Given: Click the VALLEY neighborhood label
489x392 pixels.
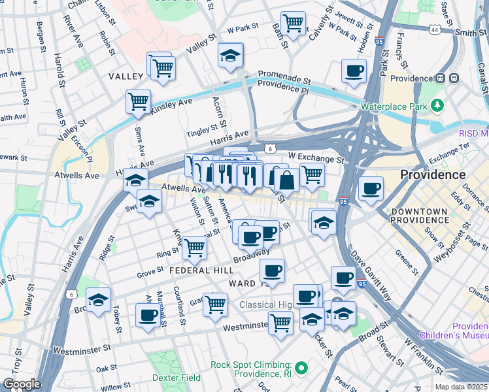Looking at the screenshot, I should tap(126, 76).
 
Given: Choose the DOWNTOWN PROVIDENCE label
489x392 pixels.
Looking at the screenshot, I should tap(419, 216).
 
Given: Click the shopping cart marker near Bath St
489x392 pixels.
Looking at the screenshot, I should tap(293, 23).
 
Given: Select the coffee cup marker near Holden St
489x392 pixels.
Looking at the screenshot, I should tap(354, 71).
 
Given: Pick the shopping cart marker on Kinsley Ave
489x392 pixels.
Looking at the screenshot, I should tap(138, 101).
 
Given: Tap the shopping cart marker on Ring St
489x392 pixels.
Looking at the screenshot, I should tap(194, 247).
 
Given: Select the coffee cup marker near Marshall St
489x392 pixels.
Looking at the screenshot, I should tap(147, 316).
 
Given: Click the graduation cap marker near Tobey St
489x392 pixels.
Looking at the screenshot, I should tap(98, 300).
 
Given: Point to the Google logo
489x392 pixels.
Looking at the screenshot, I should tap(21, 384).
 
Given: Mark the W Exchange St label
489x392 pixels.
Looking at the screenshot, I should tap(316, 158).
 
